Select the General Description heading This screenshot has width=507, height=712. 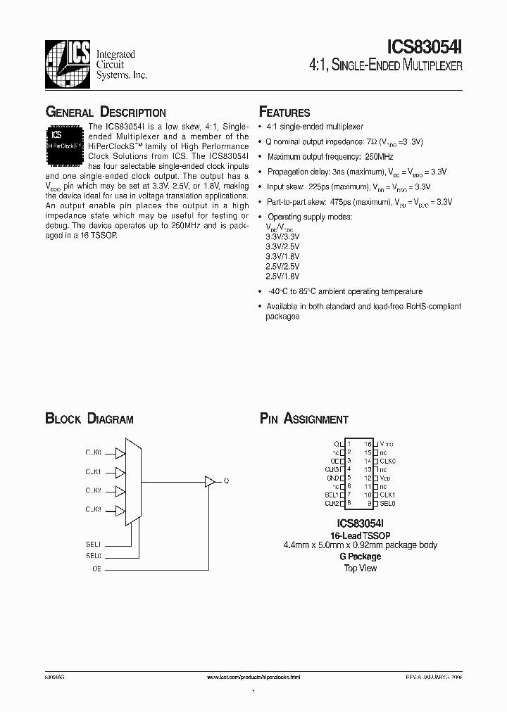pyautogui.click(x=106, y=113)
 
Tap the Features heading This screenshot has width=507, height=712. pyautogui.click(x=284, y=113)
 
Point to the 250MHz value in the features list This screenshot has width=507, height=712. pyautogui.click(x=380, y=157)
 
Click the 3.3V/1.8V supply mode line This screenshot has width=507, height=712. pyautogui.click(x=282, y=257)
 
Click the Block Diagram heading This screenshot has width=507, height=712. pyautogui.click(x=89, y=419)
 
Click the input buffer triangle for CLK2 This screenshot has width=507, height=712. pyautogui.click(x=120, y=490)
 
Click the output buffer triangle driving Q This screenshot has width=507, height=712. pyautogui.click(x=210, y=481)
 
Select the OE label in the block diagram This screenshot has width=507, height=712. pyautogui.click(x=97, y=568)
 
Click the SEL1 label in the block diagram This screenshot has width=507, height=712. pyautogui.click(x=94, y=544)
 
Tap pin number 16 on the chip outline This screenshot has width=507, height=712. pyautogui.click(x=368, y=444)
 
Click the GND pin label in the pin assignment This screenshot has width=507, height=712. pyautogui.click(x=333, y=478)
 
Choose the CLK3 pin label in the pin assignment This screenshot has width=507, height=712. pyautogui.click(x=332, y=469)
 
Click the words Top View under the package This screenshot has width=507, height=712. pyautogui.click(x=360, y=568)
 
